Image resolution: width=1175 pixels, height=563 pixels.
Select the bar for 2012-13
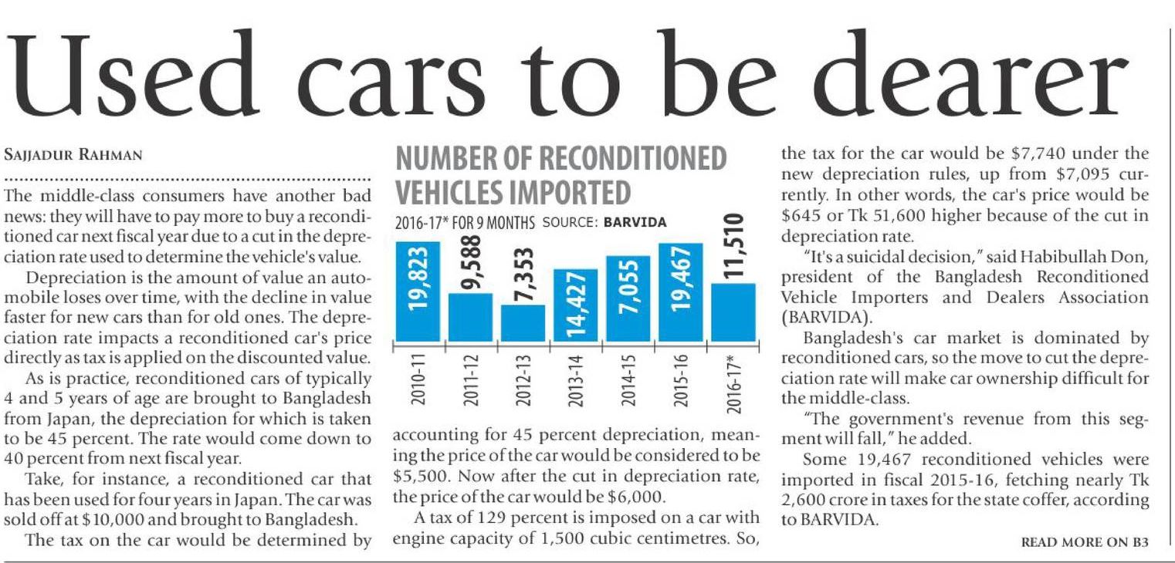coord(523,322)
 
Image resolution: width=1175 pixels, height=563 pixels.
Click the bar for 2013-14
coord(575,305)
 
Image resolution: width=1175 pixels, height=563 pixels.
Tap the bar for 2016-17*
coord(733,312)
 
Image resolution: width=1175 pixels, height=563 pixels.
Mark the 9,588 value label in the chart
coord(470,263)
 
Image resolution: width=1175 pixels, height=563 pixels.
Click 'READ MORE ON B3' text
coord(1085,542)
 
